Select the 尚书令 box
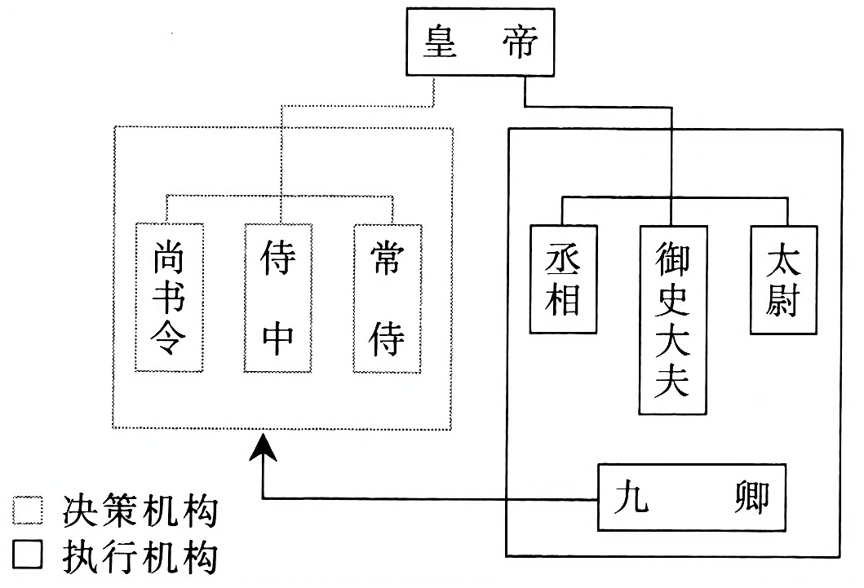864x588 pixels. (169, 297)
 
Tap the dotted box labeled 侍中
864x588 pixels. (279, 297)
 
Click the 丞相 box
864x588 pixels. (561, 278)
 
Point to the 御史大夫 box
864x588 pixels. (672, 318)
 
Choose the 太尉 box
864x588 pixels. (782, 278)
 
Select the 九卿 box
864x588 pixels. (692, 497)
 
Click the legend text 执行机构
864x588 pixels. (140, 558)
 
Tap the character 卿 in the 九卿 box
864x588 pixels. (750, 497)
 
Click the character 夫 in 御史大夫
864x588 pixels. (672, 379)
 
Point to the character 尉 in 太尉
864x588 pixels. (782, 303)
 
